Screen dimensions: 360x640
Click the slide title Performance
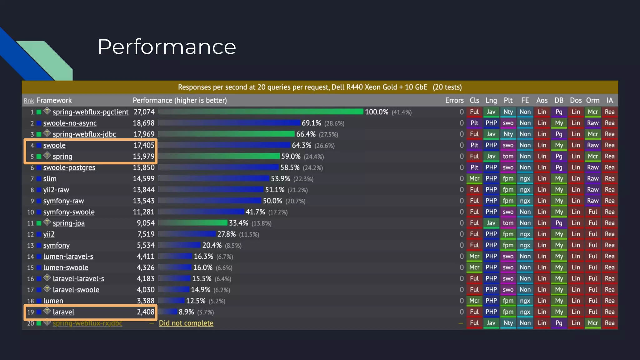tap(167, 47)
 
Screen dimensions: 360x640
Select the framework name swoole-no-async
tap(70, 123)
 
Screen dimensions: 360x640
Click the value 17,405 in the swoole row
tap(144, 145)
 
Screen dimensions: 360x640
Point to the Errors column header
tap(454, 100)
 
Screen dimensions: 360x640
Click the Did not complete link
tap(186, 323)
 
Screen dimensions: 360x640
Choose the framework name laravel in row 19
tap(63, 312)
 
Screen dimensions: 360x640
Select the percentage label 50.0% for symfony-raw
tap(272, 201)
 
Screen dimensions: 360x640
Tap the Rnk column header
tap(29, 101)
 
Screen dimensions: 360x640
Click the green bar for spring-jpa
tap(194, 223)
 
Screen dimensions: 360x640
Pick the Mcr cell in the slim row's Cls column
tap(474, 178)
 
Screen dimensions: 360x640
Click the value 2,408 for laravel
tap(145, 312)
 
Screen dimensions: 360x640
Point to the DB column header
tap(559, 100)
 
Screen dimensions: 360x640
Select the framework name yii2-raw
tap(56, 190)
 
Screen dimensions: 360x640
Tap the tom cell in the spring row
tap(508, 156)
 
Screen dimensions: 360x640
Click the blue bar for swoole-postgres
tap(219, 167)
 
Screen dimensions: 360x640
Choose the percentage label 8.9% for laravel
tap(186, 312)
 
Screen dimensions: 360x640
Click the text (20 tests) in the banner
tap(447, 87)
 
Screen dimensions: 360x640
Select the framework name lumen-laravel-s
tap(68, 257)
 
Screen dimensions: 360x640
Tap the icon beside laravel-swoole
tap(47, 289)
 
